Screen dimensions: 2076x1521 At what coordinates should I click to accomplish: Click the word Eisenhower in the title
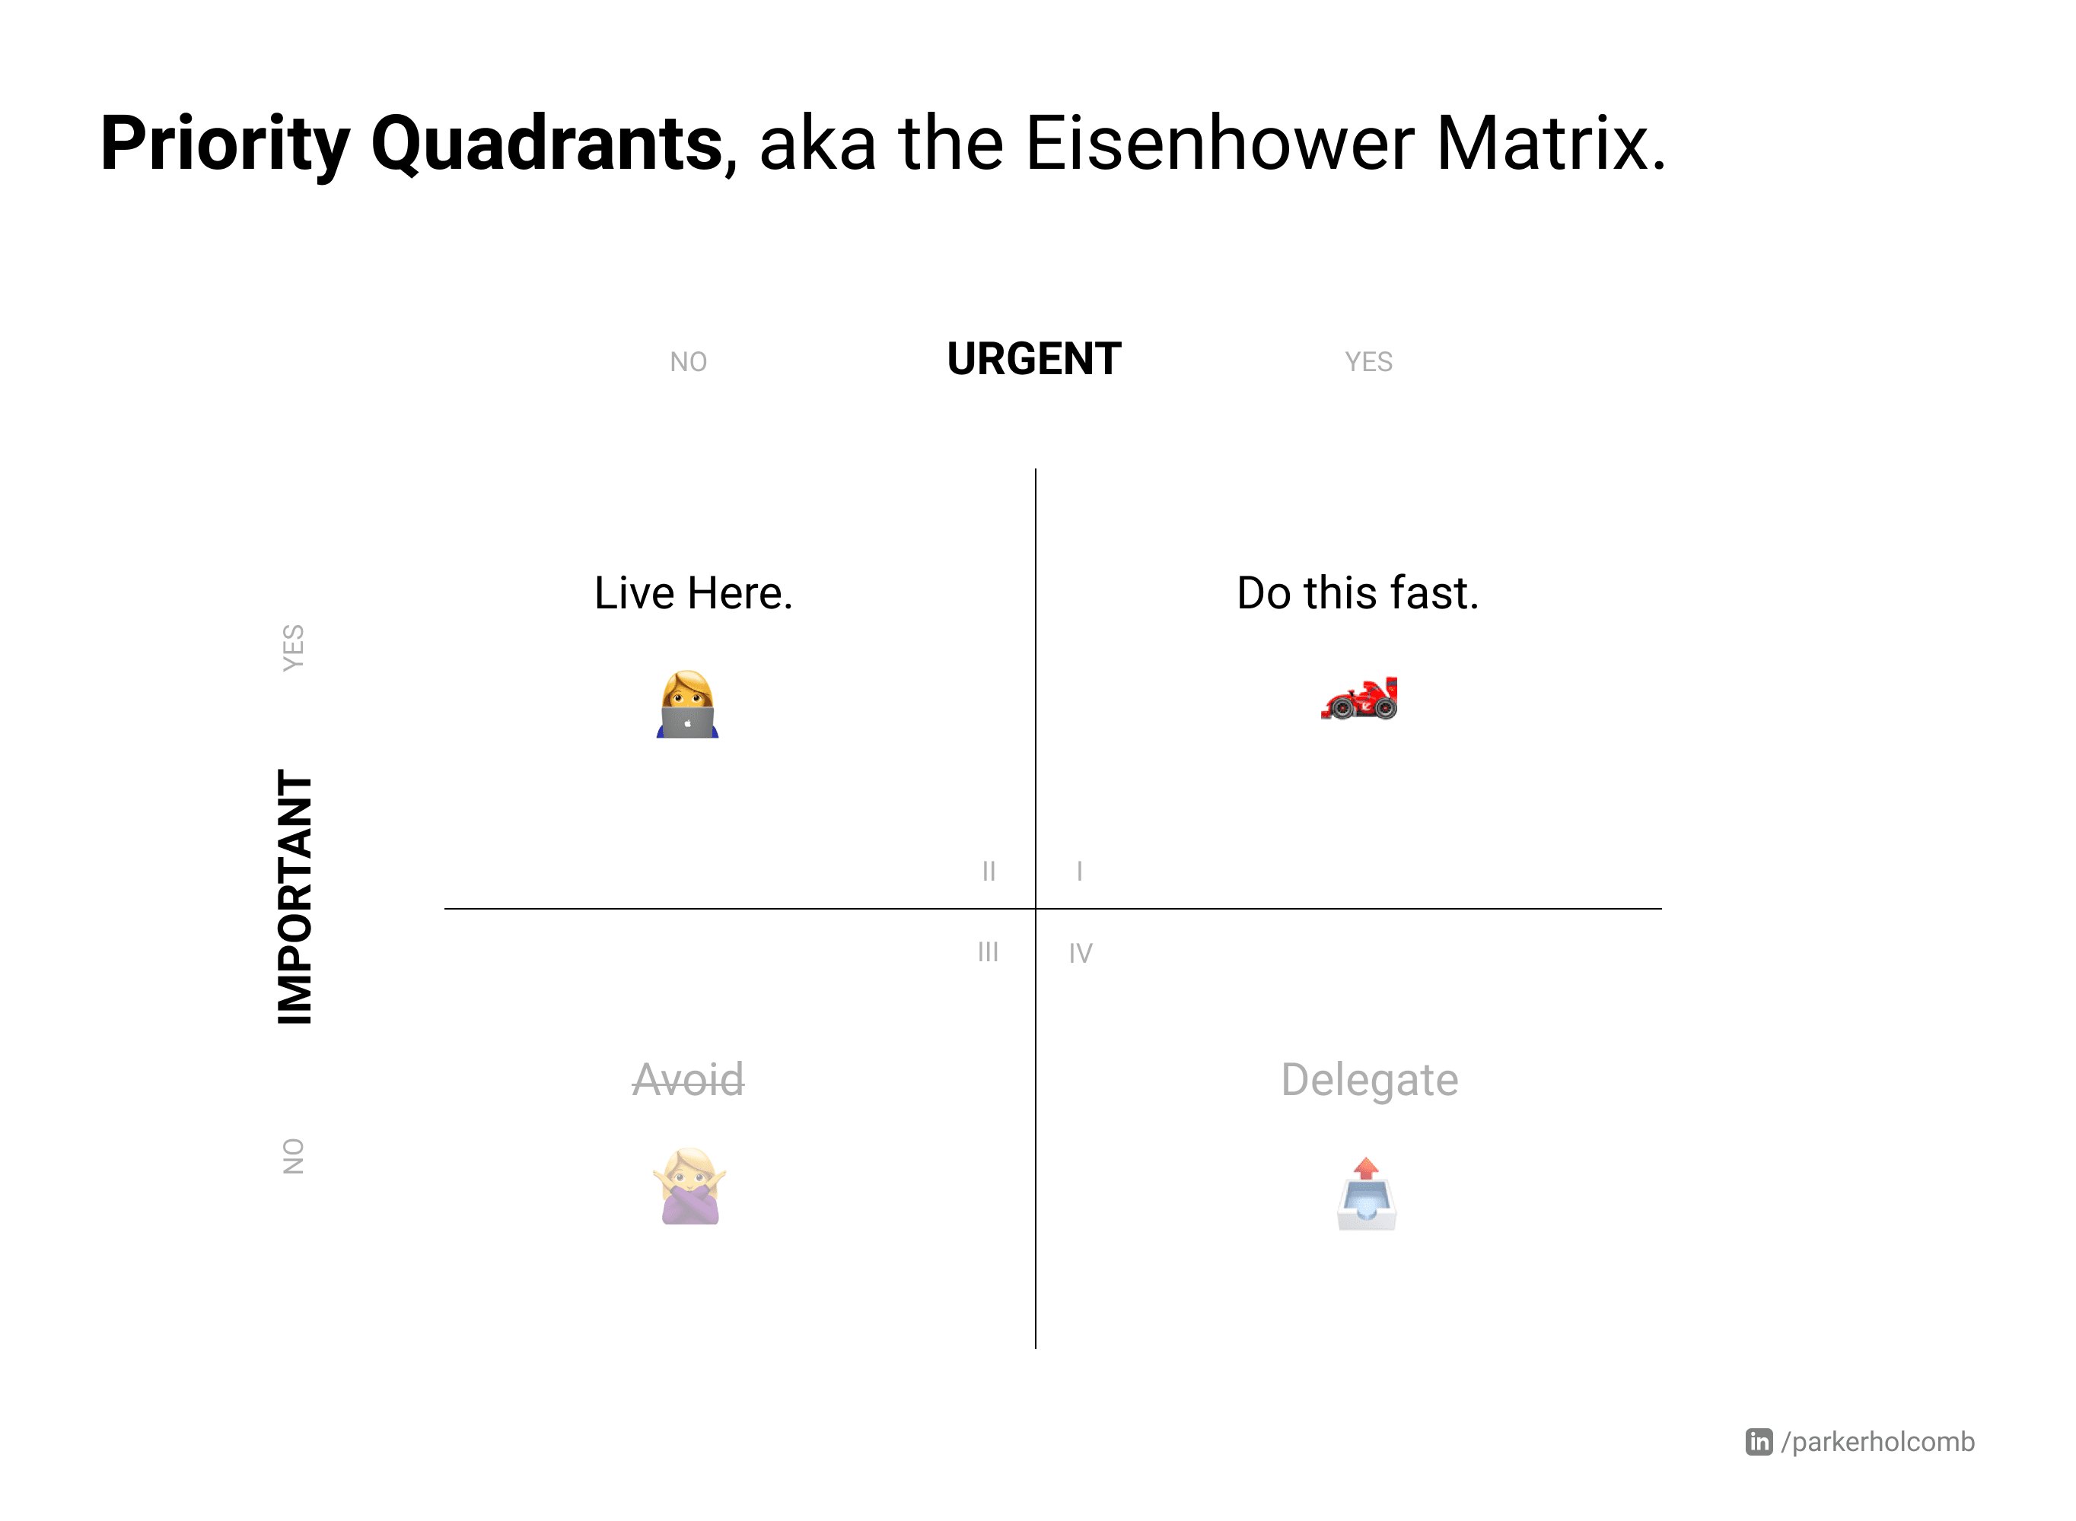coord(1219,144)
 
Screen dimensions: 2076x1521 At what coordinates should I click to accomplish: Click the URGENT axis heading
coord(1034,359)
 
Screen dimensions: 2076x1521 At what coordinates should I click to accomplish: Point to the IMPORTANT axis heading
coord(295,897)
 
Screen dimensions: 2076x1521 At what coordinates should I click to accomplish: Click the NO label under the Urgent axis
coord(688,362)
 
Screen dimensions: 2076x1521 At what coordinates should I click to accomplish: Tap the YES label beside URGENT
coord(1368,362)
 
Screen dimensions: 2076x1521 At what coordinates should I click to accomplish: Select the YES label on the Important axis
coord(293,648)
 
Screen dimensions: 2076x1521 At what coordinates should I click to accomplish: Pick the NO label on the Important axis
coord(293,1157)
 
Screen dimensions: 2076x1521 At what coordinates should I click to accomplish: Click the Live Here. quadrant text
coord(693,593)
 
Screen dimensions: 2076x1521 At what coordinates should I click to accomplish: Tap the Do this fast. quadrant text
coord(1358,593)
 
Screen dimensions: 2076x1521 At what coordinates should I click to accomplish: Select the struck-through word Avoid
coord(688,1079)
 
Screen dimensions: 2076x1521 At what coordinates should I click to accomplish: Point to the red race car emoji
coord(1359,698)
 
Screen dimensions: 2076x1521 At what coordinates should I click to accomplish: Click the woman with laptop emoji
coord(687,704)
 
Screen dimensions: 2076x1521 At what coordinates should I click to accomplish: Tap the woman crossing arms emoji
coord(690,1186)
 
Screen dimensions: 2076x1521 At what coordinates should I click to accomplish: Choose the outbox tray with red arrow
coord(1367,1193)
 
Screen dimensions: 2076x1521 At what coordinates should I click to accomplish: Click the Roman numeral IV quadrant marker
coord(1081,954)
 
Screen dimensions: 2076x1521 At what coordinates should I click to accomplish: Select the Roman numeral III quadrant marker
coord(989,952)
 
